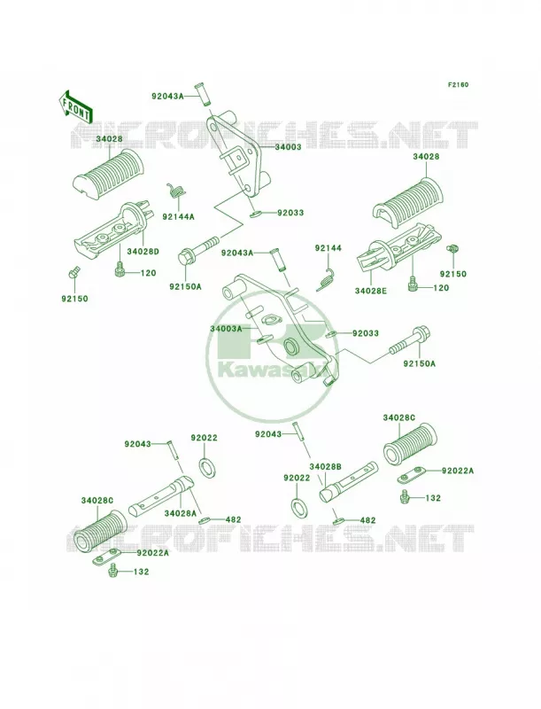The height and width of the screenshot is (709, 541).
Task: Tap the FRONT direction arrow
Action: [x=75, y=105]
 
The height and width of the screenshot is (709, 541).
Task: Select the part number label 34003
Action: [x=287, y=147]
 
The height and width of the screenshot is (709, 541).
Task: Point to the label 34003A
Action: [x=226, y=329]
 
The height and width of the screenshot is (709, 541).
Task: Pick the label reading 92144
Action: [x=328, y=248]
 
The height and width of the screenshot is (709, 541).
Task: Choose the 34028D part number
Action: [x=143, y=252]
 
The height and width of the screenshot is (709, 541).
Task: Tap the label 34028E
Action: [x=371, y=291]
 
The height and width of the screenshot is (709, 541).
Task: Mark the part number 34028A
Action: [x=181, y=513]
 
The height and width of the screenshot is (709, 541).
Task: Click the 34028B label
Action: [x=326, y=466]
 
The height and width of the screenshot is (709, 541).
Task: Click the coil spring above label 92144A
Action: [x=176, y=191]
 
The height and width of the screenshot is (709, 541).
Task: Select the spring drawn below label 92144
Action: [x=326, y=280]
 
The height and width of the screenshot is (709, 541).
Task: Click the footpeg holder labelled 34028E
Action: [x=398, y=253]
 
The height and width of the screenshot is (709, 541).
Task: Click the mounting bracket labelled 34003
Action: [x=236, y=153]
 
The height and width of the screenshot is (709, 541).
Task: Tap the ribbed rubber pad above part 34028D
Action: [x=109, y=172]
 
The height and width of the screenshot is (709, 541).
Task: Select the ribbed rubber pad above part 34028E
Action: [x=409, y=197]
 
